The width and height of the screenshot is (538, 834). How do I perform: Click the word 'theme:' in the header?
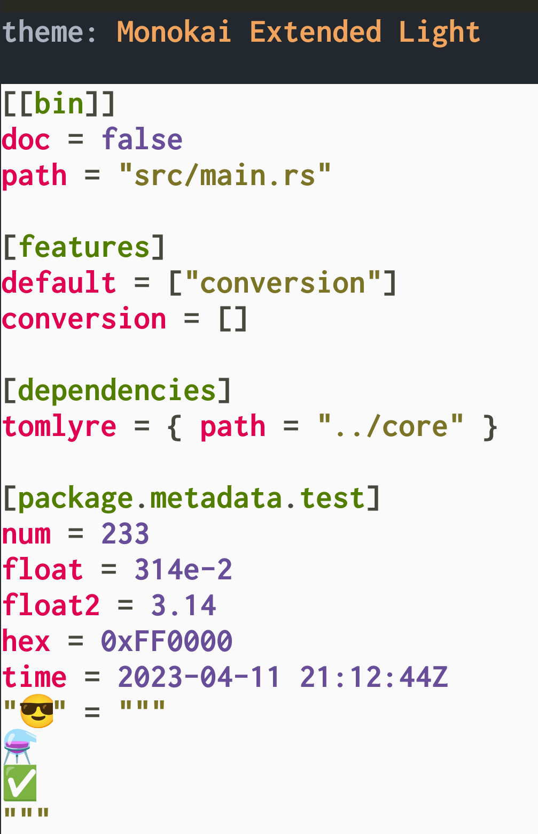pos(49,32)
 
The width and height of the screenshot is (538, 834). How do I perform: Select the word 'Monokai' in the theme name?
pos(174,32)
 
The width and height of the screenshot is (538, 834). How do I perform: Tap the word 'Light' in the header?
pos(439,32)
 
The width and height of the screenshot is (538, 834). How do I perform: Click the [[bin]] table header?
pos(59,103)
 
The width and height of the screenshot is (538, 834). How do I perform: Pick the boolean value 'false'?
pos(142,140)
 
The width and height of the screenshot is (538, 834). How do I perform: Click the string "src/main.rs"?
pos(225,175)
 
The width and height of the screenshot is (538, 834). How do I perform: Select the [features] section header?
pos(84,247)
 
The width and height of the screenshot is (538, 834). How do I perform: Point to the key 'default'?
pos(59,283)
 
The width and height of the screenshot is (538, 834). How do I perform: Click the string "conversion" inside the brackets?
pos(283,283)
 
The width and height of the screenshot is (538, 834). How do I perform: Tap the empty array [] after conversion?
pos(233,319)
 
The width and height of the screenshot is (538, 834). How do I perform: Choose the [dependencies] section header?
pos(117,391)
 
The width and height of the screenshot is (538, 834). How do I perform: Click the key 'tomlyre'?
pos(59,427)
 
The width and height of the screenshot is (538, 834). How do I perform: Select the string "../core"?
pos(391,427)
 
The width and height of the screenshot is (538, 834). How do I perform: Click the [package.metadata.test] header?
pos(191,499)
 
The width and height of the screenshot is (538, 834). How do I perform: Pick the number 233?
pos(126,534)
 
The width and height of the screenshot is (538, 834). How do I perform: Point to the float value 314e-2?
pos(183,570)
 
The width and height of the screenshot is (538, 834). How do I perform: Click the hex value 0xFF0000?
pos(167,641)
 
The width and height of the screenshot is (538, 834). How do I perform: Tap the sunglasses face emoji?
pos(37,711)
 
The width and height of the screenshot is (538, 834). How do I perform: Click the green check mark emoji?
pos(20,783)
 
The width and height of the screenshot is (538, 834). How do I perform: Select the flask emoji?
pos(19,746)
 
